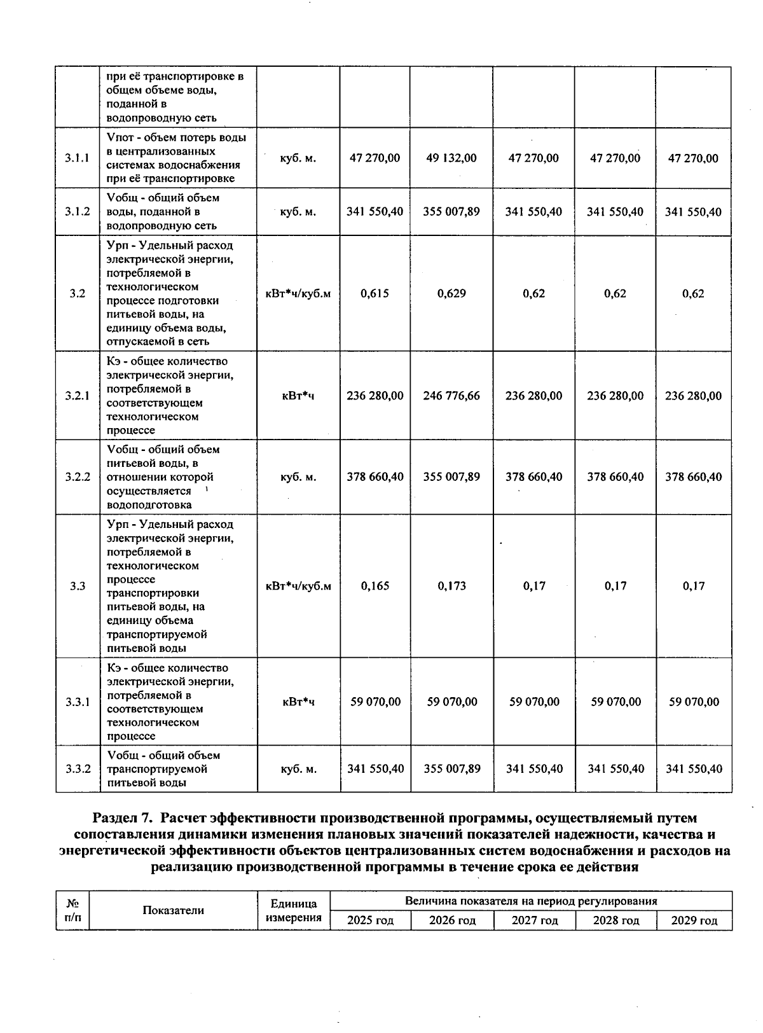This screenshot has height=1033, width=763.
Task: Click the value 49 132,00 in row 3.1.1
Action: (x=451, y=158)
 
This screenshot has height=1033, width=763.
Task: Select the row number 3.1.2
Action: (x=78, y=212)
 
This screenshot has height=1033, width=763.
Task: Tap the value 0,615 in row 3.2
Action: (x=375, y=293)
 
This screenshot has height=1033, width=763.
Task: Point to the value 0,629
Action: (x=451, y=293)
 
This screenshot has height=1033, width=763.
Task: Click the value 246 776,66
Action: (x=451, y=396)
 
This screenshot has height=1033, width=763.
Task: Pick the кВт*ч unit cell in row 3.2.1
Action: (x=298, y=396)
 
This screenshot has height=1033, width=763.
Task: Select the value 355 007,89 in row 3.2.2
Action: (x=451, y=476)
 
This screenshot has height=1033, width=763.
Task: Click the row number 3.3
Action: (x=78, y=586)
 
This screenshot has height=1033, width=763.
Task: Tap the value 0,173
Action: (x=451, y=586)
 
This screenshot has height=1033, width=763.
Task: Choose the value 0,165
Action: (x=375, y=586)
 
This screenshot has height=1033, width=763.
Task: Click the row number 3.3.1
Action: (x=78, y=702)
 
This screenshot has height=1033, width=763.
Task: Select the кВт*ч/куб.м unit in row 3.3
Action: (x=298, y=586)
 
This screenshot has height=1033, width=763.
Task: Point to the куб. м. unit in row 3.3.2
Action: (x=298, y=769)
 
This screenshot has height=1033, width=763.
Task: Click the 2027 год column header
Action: (x=535, y=920)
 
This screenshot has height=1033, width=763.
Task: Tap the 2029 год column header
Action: (x=694, y=920)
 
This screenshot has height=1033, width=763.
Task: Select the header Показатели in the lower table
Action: (x=173, y=910)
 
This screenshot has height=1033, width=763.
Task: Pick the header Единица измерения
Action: (x=293, y=910)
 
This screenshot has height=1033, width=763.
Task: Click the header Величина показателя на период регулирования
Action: (x=531, y=901)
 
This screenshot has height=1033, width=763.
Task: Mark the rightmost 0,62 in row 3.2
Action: (x=693, y=293)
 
